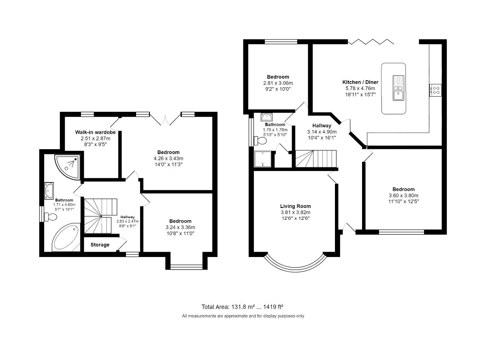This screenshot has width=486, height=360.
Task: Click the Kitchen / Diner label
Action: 360,82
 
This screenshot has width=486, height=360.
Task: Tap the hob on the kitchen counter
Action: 435,90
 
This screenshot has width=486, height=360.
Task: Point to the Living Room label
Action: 295,206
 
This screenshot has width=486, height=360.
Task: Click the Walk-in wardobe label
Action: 95,132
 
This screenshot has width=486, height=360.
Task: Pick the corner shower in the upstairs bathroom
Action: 68,167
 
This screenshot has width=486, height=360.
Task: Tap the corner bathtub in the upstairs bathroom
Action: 66,237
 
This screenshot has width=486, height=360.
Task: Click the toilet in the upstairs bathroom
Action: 51,217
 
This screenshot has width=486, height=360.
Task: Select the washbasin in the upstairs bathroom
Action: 49,191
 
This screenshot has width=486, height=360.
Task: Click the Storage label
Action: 100,244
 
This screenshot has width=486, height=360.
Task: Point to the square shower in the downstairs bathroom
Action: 262,159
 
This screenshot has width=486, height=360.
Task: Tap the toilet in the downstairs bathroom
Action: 260,141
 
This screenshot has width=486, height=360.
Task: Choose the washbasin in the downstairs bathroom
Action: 266,117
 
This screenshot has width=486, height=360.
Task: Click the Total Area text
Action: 242,307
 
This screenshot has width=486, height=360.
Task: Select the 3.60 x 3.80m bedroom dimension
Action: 403,195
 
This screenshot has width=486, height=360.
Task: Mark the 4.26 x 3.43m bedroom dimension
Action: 168,159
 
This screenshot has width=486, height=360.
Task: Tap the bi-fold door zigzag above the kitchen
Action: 371,41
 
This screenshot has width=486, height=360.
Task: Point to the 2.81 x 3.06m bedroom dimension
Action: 278,83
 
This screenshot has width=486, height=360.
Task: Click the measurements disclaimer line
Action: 243,316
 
